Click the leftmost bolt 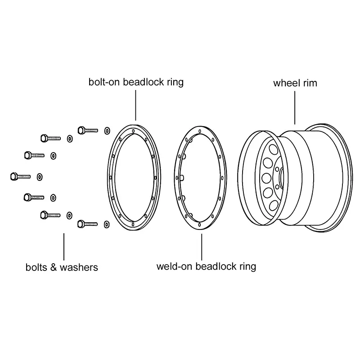click(x=20, y=176)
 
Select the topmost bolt click(x=88, y=130)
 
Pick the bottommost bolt click(x=88, y=223)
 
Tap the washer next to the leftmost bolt click(x=40, y=176)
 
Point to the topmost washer click(x=107, y=130)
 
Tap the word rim click(x=310, y=83)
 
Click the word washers click(x=80, y=267)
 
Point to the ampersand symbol click(x=53, y=267)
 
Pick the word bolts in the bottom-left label click(x=36, y=267)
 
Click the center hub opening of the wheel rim click(x=280, y=177)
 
